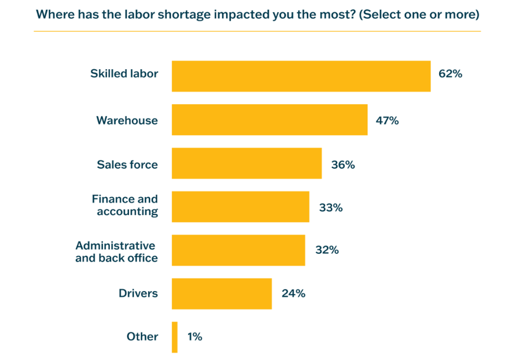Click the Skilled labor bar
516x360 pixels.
pyautogui.click(x=301, y=76)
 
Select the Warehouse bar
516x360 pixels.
pyautogui.click(x=269, y=120)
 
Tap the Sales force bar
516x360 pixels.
pyautogui.click(x=246, y=163)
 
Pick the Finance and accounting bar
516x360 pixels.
pyautogui.click(x=240, y=206)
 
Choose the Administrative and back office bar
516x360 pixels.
pyautogui.click(x=238, y=250)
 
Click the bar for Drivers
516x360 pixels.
pyautogui.click(x=222, y=293)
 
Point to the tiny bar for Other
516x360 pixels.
pyautogui.click(x=175, y=337)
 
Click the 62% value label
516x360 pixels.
pyautogui.click(x=450, y=74)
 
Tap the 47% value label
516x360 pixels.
pyautogui.click(x=387, y=120)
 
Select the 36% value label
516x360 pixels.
pyautogui.click(x=343, y=165)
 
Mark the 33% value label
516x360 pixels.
pyautogui.click(x=331, y=207)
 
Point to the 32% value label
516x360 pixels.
pyautogui.click(x=327, y=250)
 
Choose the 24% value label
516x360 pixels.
pyautogui.click(x=294, y=293)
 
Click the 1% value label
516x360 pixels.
pyautogui.click(x=195, y=337)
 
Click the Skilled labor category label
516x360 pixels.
pyautogui.click(x=124, y=74)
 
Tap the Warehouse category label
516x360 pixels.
pyautogui.click(x=127, y=120)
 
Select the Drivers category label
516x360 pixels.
pyautogui.click(x=138, y=293)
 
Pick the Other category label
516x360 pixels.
pyautogui.click(x=142, y=337)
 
